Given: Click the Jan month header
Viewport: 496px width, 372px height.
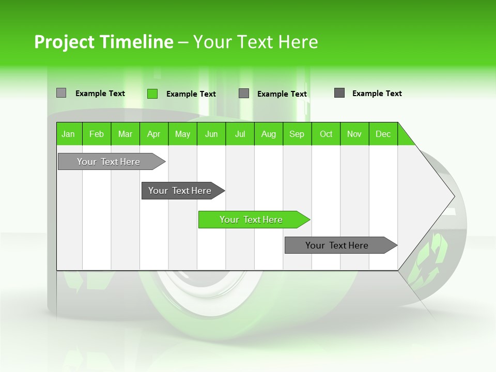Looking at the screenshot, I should tap(68, 134).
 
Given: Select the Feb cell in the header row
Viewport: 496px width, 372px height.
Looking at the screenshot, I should tap(97, 134).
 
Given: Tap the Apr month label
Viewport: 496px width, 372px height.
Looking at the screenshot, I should tap(153, 134).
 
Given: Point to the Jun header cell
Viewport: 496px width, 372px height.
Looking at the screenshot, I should tap(211, 134).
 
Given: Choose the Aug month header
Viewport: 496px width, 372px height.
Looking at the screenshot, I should tap(269, 134).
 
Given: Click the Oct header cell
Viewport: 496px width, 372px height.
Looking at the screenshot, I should tap(326, 134).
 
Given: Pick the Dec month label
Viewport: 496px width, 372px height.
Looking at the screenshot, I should tap(383, 134).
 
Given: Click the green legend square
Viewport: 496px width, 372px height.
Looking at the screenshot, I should tap(152, 94).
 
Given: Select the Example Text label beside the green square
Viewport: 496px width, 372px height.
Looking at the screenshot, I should tap(191, 94).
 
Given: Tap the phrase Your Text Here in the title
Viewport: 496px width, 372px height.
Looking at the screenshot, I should tap(256, 42).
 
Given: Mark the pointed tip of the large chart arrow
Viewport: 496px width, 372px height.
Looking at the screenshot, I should tap(453, 196).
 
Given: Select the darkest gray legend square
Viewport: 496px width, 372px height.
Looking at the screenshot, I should tap(339, 93).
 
